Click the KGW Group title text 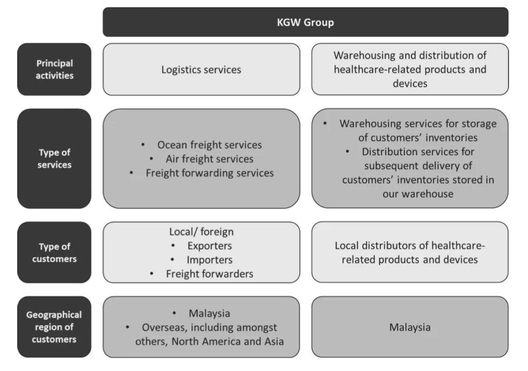pyautogui.click(x=305, y=22)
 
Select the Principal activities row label pyautogui.click(x=54, y=69)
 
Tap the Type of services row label pyautogui.click(x=54, y=159)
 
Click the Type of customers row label pyautogui.click(x=54, y=252)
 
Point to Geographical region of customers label pyautogui.click(x=54, y=327)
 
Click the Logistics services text pyautogui.click(x=201, y=70)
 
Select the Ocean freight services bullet pyautogui.click(x=209, y=145)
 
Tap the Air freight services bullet pyautogui.click(x=209, y=159)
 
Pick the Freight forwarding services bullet pyautogui.click(x=209, y=173)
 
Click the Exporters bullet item pyautogui.click(x=209, y=246)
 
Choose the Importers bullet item pyautogui.click(x=209, y=260)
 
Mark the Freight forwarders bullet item pyautogui.click(x=209, y=274)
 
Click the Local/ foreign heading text pyautogui.click(x=201, y=232)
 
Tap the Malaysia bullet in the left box pyautogui.click(x=209, y=313)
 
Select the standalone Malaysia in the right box pyautogui.click(x=410, y=327)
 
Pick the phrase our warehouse pyautogui.click(x=418, y=194)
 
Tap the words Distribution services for pyautogui.click(x=418, y=152)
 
